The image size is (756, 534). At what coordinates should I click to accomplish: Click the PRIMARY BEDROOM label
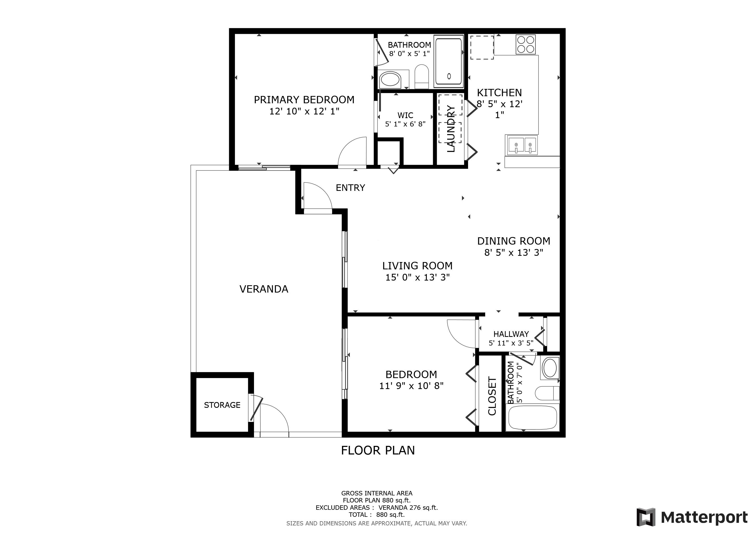tap(304, 100)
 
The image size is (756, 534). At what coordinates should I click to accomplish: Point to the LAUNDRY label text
tap(451, 129)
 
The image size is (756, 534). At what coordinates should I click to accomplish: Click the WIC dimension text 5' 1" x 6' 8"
tap(405, 124)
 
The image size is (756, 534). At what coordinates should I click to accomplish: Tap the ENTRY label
tap(350, 188)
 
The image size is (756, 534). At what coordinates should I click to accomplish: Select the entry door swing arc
tap(321, 191)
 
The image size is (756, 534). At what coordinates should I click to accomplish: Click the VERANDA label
tap(264, 289)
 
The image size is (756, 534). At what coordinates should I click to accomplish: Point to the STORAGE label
tap(222, 405)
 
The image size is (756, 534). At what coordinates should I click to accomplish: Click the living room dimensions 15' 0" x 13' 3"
tap(417, 277)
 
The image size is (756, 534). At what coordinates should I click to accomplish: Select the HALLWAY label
tap(511, 334)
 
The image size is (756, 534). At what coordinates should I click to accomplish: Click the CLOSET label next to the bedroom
tap(492, 396)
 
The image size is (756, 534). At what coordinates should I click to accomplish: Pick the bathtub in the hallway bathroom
tap(533, 418)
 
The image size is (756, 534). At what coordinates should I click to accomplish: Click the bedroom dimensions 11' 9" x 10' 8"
tap(411, 386)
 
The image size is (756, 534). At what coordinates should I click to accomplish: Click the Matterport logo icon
tap(646, 517)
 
